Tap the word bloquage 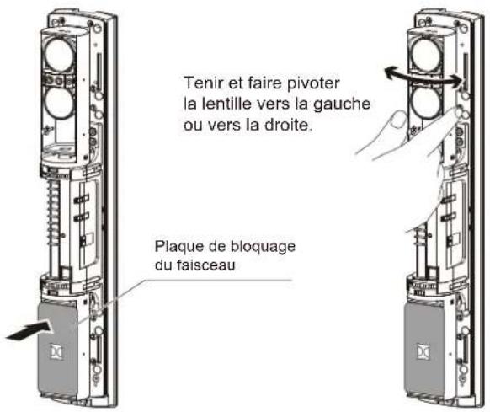(x=262, y=247)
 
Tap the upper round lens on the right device (x=429, y=58)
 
